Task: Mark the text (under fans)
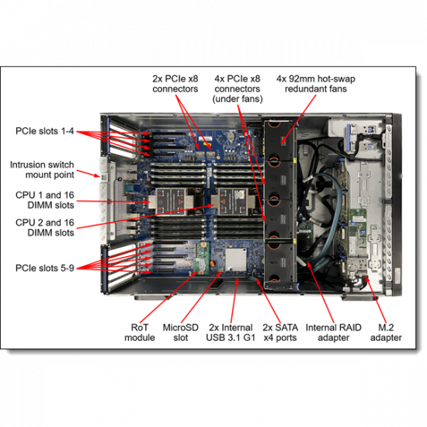[236, 99]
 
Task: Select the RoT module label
[140, 332]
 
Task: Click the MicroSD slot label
[179, 332]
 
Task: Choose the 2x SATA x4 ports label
[280, 332]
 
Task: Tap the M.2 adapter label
[386, 332]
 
